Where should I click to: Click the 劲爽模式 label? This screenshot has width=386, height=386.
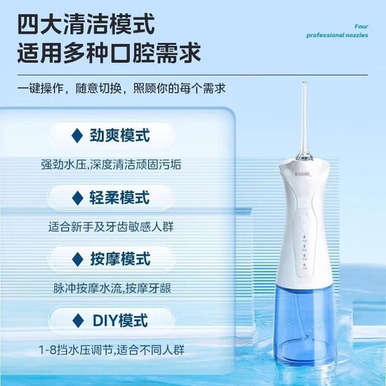[120, 137]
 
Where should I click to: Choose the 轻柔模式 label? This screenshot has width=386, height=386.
[120, 198]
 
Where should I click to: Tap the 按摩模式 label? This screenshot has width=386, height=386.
[120, 259]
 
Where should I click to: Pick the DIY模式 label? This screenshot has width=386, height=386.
[120, 321]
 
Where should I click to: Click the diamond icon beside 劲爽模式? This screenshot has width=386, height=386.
[76, 137]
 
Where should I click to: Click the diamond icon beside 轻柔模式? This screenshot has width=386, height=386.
[76, 198]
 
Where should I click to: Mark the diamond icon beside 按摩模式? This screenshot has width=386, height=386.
[76, 259]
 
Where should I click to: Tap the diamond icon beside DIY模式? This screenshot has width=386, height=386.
[76, 321]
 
